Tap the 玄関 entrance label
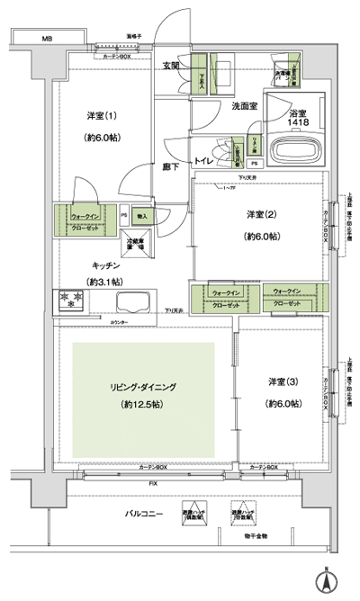point(171,65)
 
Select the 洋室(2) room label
point(262,214)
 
